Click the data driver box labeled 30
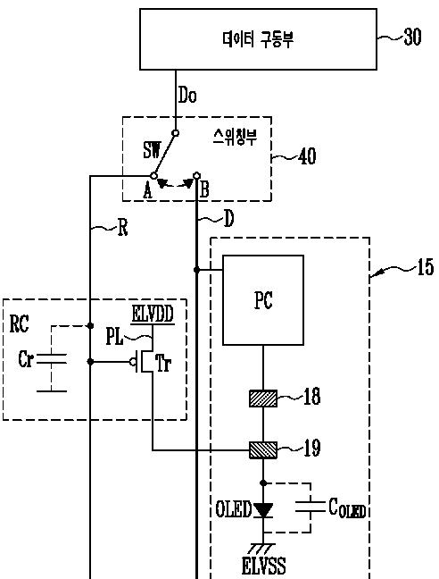[258, 39]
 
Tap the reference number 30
[412, 37]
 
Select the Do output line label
[187, 95]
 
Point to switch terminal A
[154, 175]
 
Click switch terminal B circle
[197, 174]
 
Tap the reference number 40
[307, 156]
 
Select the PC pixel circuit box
[263, 300]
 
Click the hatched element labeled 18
[263, 399]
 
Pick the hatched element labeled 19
[263, 450]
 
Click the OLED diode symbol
[263, 510]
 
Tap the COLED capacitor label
[347, 508]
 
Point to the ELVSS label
[263, 566]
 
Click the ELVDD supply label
[153, 315]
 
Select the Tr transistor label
[162, 363]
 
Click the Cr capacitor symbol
[52, 358]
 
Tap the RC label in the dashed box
[19, 323]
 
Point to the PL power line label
[114, 337]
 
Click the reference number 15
[426, 267]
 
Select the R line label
[123, 228]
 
